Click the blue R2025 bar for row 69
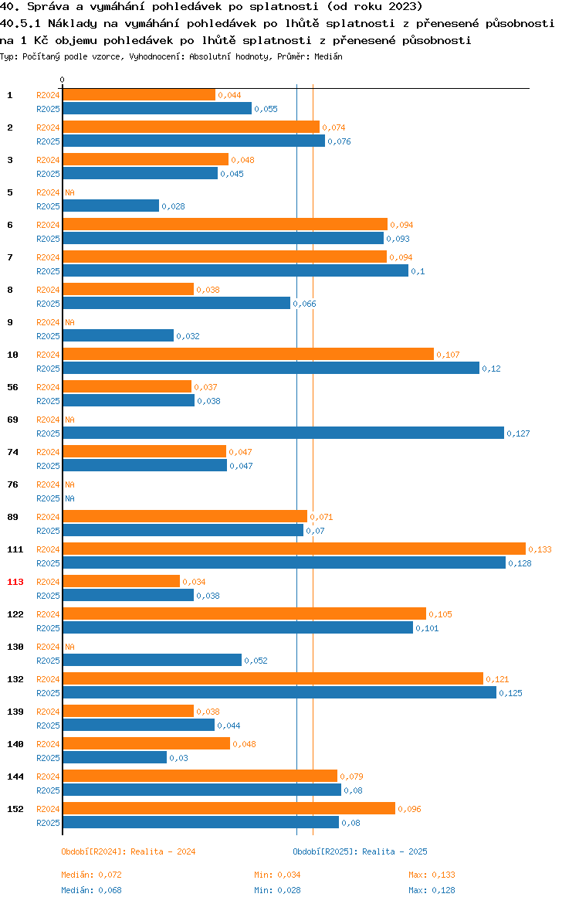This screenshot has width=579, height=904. point(283,433)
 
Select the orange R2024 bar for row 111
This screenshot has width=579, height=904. point(293,549)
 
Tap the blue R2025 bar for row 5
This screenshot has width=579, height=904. point(110,206)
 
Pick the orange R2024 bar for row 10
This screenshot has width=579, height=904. point(248,354)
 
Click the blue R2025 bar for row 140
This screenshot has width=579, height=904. point(114,757)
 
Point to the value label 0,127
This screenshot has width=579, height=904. point(518,433)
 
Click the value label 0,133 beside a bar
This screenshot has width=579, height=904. point(540,549)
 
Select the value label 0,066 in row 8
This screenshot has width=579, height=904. point(304,304)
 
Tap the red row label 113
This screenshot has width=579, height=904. point(15,582)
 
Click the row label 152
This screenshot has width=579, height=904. point(15,809)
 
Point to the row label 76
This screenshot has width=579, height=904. point(12,484)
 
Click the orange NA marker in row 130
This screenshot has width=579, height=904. point(69,647)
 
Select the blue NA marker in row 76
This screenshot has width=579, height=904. point(69,498)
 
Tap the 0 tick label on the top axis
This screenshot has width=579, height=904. point(63,80)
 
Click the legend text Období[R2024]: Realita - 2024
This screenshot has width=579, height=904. point(128,851)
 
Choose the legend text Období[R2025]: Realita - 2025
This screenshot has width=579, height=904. point(360,851)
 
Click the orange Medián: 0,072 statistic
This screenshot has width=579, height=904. point(91,875)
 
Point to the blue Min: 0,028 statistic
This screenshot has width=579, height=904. point(277,890)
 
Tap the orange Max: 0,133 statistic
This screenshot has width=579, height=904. point(432,875)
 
